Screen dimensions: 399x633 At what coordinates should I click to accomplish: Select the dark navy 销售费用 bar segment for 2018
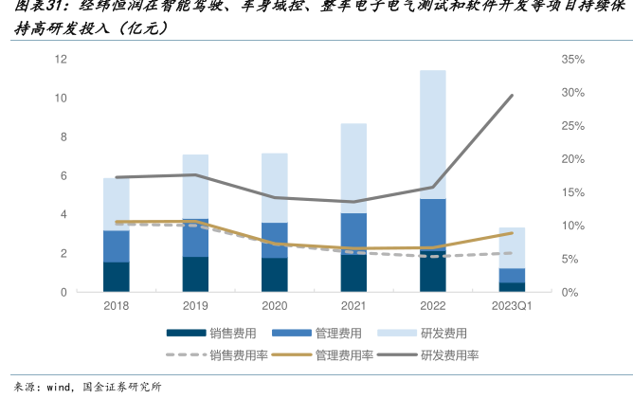[x=117, y=277]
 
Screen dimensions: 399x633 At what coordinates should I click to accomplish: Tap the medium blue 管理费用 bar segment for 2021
[x=353, y=232]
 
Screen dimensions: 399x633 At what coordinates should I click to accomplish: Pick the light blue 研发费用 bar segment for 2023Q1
[x=513, y=247]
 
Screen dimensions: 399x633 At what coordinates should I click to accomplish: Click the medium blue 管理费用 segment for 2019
[x=195, y=237]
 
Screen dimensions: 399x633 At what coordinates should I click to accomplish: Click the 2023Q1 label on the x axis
[x=513, y=306]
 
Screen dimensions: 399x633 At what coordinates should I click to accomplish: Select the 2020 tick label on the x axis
[x=275, y=306]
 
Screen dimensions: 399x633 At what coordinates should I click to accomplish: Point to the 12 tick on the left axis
[x=61, y=60]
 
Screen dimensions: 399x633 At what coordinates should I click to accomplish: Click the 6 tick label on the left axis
[x=63, y=176]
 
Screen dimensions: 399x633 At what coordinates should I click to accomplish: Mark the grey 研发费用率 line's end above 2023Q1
[x=513, y=95]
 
